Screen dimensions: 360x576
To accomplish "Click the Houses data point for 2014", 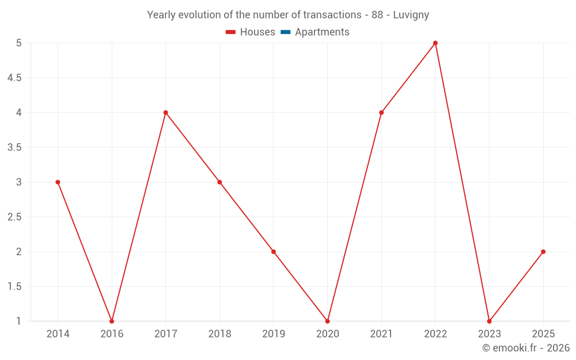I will point(58,182).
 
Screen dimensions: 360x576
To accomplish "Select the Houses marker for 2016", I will point(112,321).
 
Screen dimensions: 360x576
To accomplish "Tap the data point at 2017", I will point(165,112).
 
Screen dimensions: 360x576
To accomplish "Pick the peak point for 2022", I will point(435,43).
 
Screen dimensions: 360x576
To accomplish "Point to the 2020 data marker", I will point(327,321).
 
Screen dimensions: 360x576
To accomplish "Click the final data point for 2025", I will point(543,252).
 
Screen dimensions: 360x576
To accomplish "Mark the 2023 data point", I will point(489,321).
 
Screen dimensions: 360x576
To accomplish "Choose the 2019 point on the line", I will point(274,252).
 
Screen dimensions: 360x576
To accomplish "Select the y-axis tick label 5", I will point(18,43).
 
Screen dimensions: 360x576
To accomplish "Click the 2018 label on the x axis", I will point(219,334).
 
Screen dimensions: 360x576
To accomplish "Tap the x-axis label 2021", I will point(381,334).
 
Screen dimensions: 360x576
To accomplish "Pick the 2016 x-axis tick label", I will point(112,334).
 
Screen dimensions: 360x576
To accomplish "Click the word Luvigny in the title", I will point(411,15).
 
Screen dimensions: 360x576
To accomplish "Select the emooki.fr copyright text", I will point(526,348).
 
